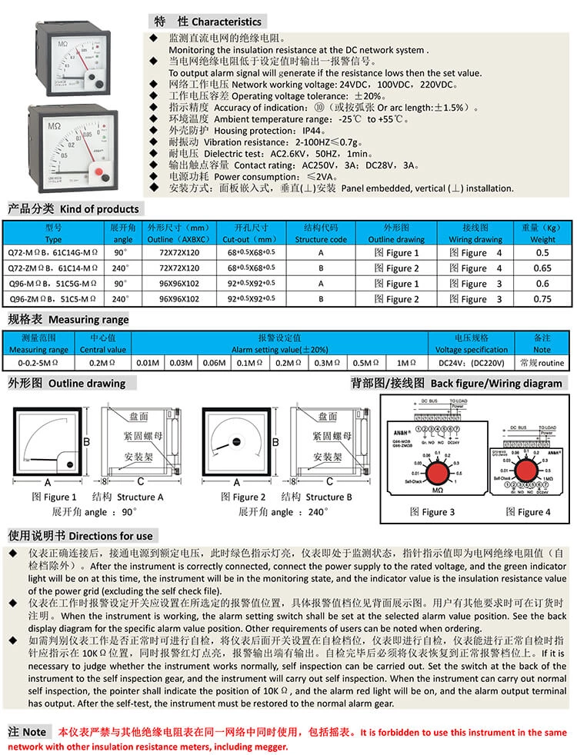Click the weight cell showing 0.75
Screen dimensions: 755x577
click(542, 299)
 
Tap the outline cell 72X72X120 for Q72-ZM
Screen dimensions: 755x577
click(178, 268)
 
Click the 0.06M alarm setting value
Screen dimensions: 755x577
click(213, 362)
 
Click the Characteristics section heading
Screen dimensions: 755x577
click(208, 22)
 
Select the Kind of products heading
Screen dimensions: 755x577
click(74, 208)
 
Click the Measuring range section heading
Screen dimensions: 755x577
click(68, 319)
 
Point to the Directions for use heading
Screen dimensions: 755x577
click(81, 535)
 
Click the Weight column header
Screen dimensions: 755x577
click(542, 234)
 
